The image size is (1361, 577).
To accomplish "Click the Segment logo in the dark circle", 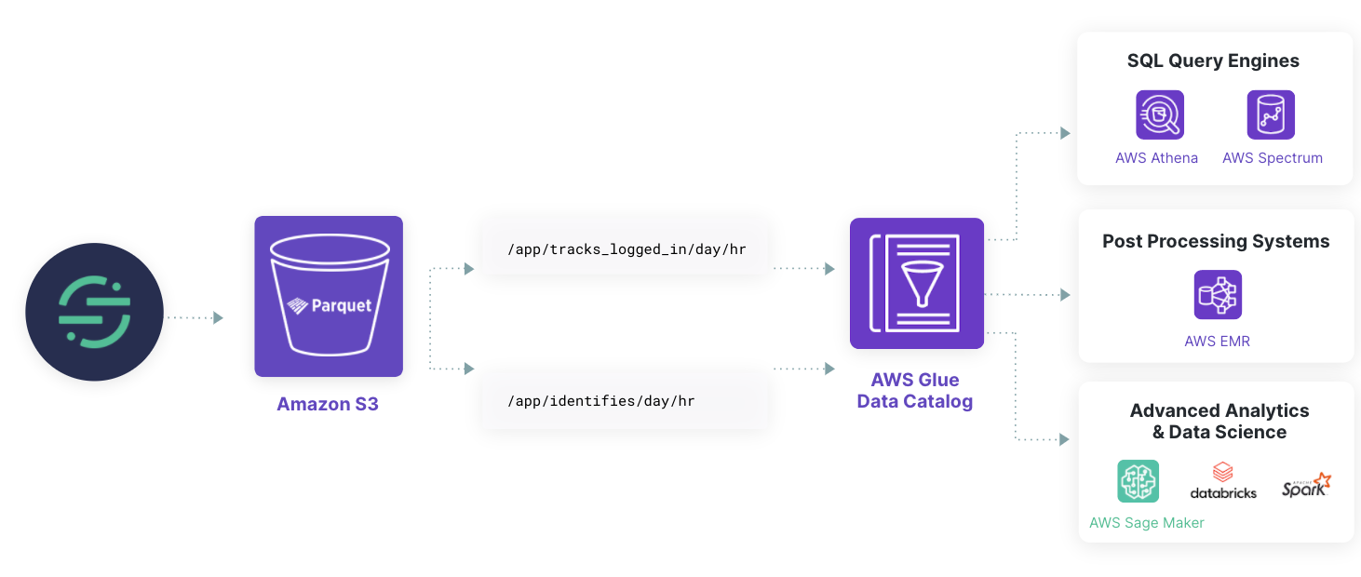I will point(94,312).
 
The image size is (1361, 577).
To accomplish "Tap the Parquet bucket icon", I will point(329,296).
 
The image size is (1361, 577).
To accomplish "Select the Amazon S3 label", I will point(328,405).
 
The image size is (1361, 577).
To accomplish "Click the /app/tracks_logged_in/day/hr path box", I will point(626,249).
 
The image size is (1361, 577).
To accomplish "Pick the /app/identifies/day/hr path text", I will point(600,401).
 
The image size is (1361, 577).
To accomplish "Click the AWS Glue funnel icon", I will point(917,283).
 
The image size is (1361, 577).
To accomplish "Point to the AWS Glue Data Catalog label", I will point(915,391).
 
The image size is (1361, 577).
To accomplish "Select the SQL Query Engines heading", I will point(1213,61).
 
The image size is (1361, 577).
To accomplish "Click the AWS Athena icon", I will point(1159,114).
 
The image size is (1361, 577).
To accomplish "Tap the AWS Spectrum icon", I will point(1271,114).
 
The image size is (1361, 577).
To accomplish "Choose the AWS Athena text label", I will point(1156,158).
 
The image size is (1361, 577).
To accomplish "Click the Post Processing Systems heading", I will point(1216,242).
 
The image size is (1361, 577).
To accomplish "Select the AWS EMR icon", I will point(1218,295).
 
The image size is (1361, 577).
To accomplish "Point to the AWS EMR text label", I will point(1217,342).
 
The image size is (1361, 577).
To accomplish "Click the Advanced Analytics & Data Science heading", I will point(1220,422).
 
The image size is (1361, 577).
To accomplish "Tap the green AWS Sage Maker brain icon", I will point(1138,481).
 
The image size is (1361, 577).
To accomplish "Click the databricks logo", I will point(1223,481).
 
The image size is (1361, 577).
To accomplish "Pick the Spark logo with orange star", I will point(1306,485).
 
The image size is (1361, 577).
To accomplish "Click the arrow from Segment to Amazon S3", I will point(195,317).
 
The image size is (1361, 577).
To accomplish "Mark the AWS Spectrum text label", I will point(1272,158).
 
